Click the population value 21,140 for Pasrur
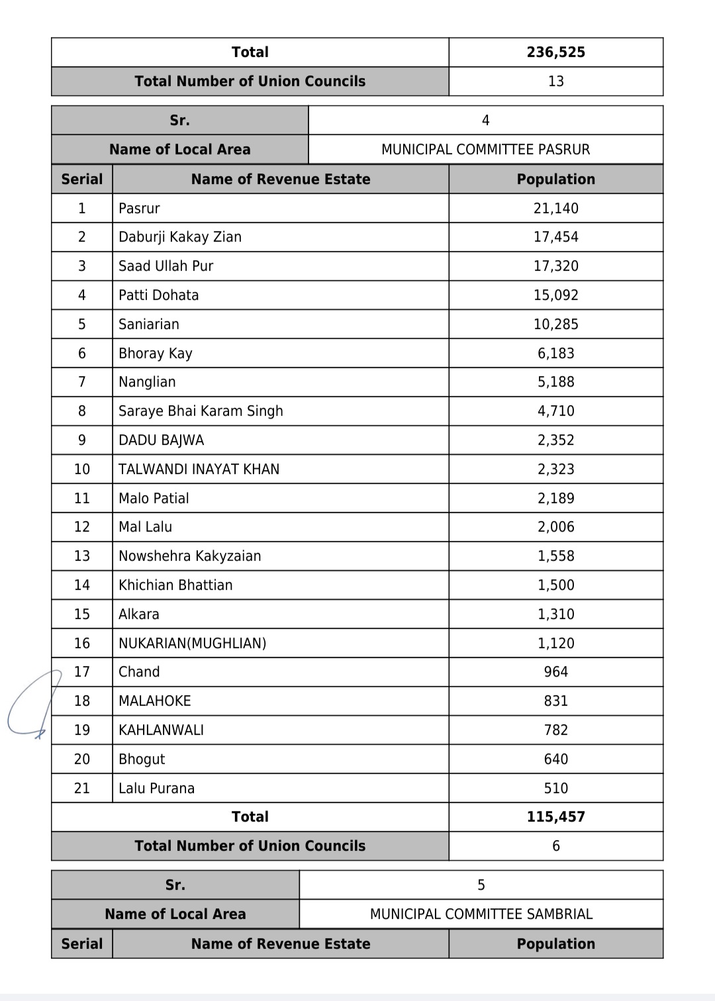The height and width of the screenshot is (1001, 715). pos(555,209)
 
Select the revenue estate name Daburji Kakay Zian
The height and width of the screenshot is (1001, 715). pos(180,237)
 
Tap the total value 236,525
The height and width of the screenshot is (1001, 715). pos(555,52)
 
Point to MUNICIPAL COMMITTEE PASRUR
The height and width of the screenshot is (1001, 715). pos(485,150)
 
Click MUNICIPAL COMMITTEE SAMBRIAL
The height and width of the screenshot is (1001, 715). pos(481,914)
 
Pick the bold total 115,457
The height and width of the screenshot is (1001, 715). pos(555,817)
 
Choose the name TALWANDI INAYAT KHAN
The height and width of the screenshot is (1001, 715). pos(199,469)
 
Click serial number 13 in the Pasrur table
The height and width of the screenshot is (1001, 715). pos(82,556)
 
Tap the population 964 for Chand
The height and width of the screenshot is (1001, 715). pos(555,672)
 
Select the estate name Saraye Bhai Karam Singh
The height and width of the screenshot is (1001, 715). pos(201,411)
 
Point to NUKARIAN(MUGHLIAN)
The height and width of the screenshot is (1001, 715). pos(192,643)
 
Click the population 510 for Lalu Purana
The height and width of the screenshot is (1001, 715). pos(555,788)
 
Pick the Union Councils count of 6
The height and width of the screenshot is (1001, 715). pos(555,846)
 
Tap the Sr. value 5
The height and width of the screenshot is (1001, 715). pos(481,885)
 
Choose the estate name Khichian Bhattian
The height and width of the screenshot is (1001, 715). pos(175,585)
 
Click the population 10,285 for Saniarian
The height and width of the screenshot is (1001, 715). pos(555,324)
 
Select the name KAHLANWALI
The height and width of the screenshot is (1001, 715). pos(161,730)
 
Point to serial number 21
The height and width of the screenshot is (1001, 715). pos(82,788)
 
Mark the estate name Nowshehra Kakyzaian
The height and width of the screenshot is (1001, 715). pos(189,556)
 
